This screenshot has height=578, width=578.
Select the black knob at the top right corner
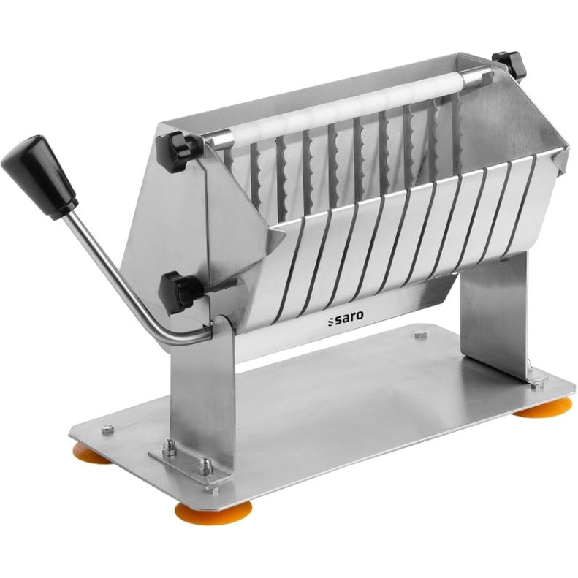509,64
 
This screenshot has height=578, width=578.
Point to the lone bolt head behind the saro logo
419,335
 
